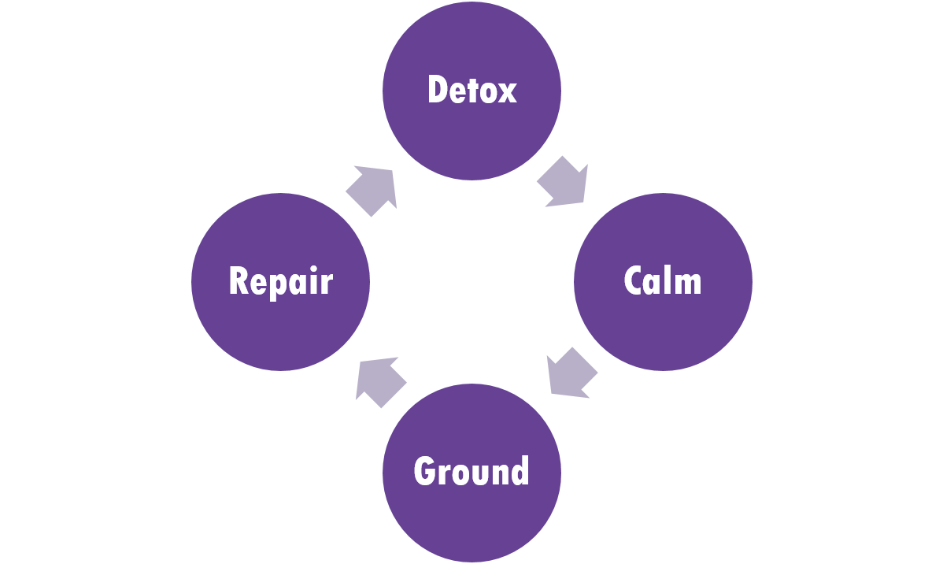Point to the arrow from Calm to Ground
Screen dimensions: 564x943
pos(571,373)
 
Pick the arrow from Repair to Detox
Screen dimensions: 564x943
pos(372,190)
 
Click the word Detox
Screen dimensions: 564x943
pos(471,90)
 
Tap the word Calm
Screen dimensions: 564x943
pos(663,281)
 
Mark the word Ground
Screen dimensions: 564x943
pos(471,471)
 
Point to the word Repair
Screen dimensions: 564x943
pos(280,281)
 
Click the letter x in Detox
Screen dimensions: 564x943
pos(507,93)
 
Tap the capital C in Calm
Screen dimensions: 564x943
pos(634,281)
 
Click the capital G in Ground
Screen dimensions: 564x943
pos(425,471)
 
